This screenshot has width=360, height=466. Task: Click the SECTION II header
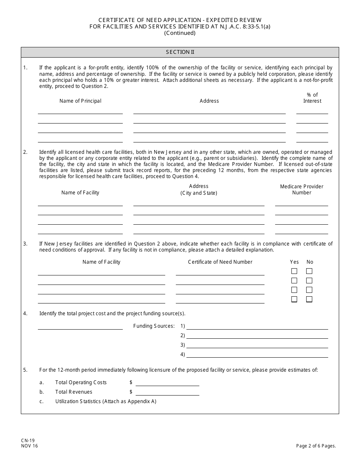point(180,52)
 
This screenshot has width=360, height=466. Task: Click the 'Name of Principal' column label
point(80,101)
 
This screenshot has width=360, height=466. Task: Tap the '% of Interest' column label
point(312,98)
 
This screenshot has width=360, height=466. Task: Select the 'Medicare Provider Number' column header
point(302,189)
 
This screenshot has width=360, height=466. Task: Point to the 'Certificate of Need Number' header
point(220,262)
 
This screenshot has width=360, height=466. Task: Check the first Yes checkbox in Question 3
point(294,271)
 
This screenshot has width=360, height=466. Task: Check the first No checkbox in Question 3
point(309,271)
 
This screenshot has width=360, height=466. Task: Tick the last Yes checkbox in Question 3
point(294,299)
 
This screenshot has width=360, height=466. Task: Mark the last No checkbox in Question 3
point(309,299)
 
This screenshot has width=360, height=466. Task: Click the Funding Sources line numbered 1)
point(257,326)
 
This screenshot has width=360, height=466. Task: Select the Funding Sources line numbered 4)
point(257,355)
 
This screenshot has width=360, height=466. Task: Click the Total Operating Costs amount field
point(167,383)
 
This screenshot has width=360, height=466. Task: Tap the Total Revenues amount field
point(167,392)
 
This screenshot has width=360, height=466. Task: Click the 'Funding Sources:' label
point(154,326)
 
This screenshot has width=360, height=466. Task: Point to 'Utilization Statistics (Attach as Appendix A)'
point(106,401)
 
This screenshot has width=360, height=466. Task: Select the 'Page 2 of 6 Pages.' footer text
point(316,446)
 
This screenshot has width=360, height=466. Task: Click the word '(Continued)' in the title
point(180,33)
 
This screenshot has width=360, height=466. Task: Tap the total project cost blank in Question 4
point(80,326)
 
